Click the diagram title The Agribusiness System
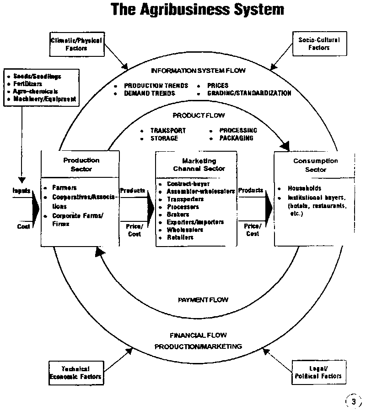click(197, 10)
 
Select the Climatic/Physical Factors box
click(76, 44)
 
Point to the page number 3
click(353, 401)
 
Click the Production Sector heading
click(81, 165)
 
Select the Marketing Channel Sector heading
click(196, 165)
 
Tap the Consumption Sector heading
click(316, 165)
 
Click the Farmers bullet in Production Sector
click(65, 188)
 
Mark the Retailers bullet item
click(180, 237)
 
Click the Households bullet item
click(304, 188)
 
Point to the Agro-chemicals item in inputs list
click(36, 91)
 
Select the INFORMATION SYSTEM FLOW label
click(199, 71)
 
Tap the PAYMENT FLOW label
click(203, 300)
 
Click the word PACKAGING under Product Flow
click(236, 138)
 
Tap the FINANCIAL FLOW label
click(198, 335)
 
